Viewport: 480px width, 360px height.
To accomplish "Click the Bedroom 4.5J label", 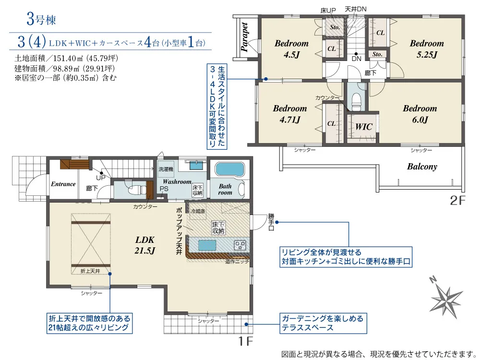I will pyautogui.click(x=291, y=48).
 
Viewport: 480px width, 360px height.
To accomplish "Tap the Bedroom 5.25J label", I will pyautogui.click(x=427, y=48).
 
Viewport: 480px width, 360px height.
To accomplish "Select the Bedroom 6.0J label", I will pyautogui.click(x=420, y=114).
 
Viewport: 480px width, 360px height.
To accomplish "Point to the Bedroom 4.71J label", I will pyautogui.click(x=289, y=114).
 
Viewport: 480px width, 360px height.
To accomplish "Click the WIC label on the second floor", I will pyautogui.click(x=364, y=127).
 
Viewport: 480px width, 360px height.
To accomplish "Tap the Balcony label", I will pyautogui.click(x=422, y=167).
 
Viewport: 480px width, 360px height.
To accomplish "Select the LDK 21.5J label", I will pyautogui.click(x=144, y=244).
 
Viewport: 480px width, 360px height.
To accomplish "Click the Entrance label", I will pyautogui.click(x=63, y=184).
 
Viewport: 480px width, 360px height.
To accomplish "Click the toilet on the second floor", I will pyautogui.click(x=356, y=101).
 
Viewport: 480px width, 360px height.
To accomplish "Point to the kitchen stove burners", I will pyautogui.click(x=240, y=245).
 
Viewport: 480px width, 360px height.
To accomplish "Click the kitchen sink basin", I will pyautogui.click(x=207, y=245).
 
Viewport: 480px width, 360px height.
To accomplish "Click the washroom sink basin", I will pyautogui.click(x=195, y=166).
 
